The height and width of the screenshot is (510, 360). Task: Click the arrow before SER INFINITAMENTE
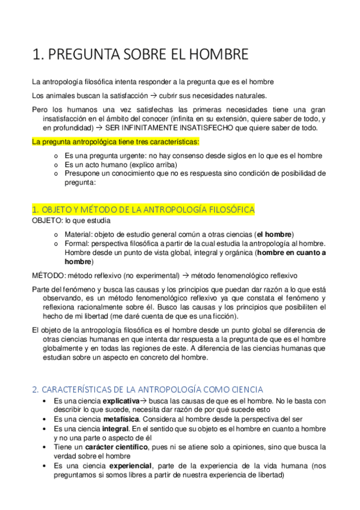point(99,128)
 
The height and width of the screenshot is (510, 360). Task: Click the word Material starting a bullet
point(78,234)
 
